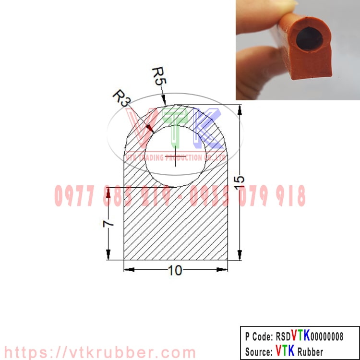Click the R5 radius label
pyautogui.click(x=159, y=76)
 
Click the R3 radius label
pyautogui.click(x=121, y=97)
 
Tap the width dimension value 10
pyautogui.click(x=175, y=271)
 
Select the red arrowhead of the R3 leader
pyautogui.click(x=150, y=128)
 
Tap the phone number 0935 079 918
pyautogui.click(x=248, y=196)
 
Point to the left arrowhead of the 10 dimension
pyautogui.click(x=128, y=269)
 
